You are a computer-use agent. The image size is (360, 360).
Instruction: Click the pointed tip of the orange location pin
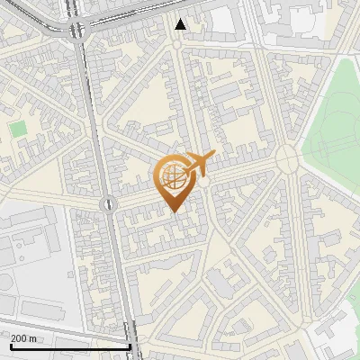pos(173,211)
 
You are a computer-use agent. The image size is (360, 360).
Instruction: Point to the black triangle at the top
pos(181,24)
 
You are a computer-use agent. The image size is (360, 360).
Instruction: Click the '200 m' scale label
pos(24,337)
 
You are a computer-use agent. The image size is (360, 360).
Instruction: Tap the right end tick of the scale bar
pos(130,345)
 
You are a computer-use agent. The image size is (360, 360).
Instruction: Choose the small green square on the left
pos(18,130)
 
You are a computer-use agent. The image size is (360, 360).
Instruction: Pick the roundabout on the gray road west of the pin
pos(108,204)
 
